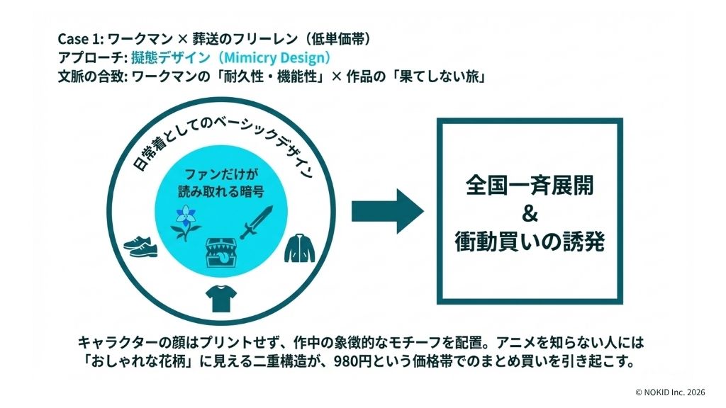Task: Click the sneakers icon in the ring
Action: click(x=140, y=244)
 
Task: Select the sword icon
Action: click(x=256, y=222)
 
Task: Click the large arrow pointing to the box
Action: click(x=387, y=211)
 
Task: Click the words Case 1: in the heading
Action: click(x=81, y=40)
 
